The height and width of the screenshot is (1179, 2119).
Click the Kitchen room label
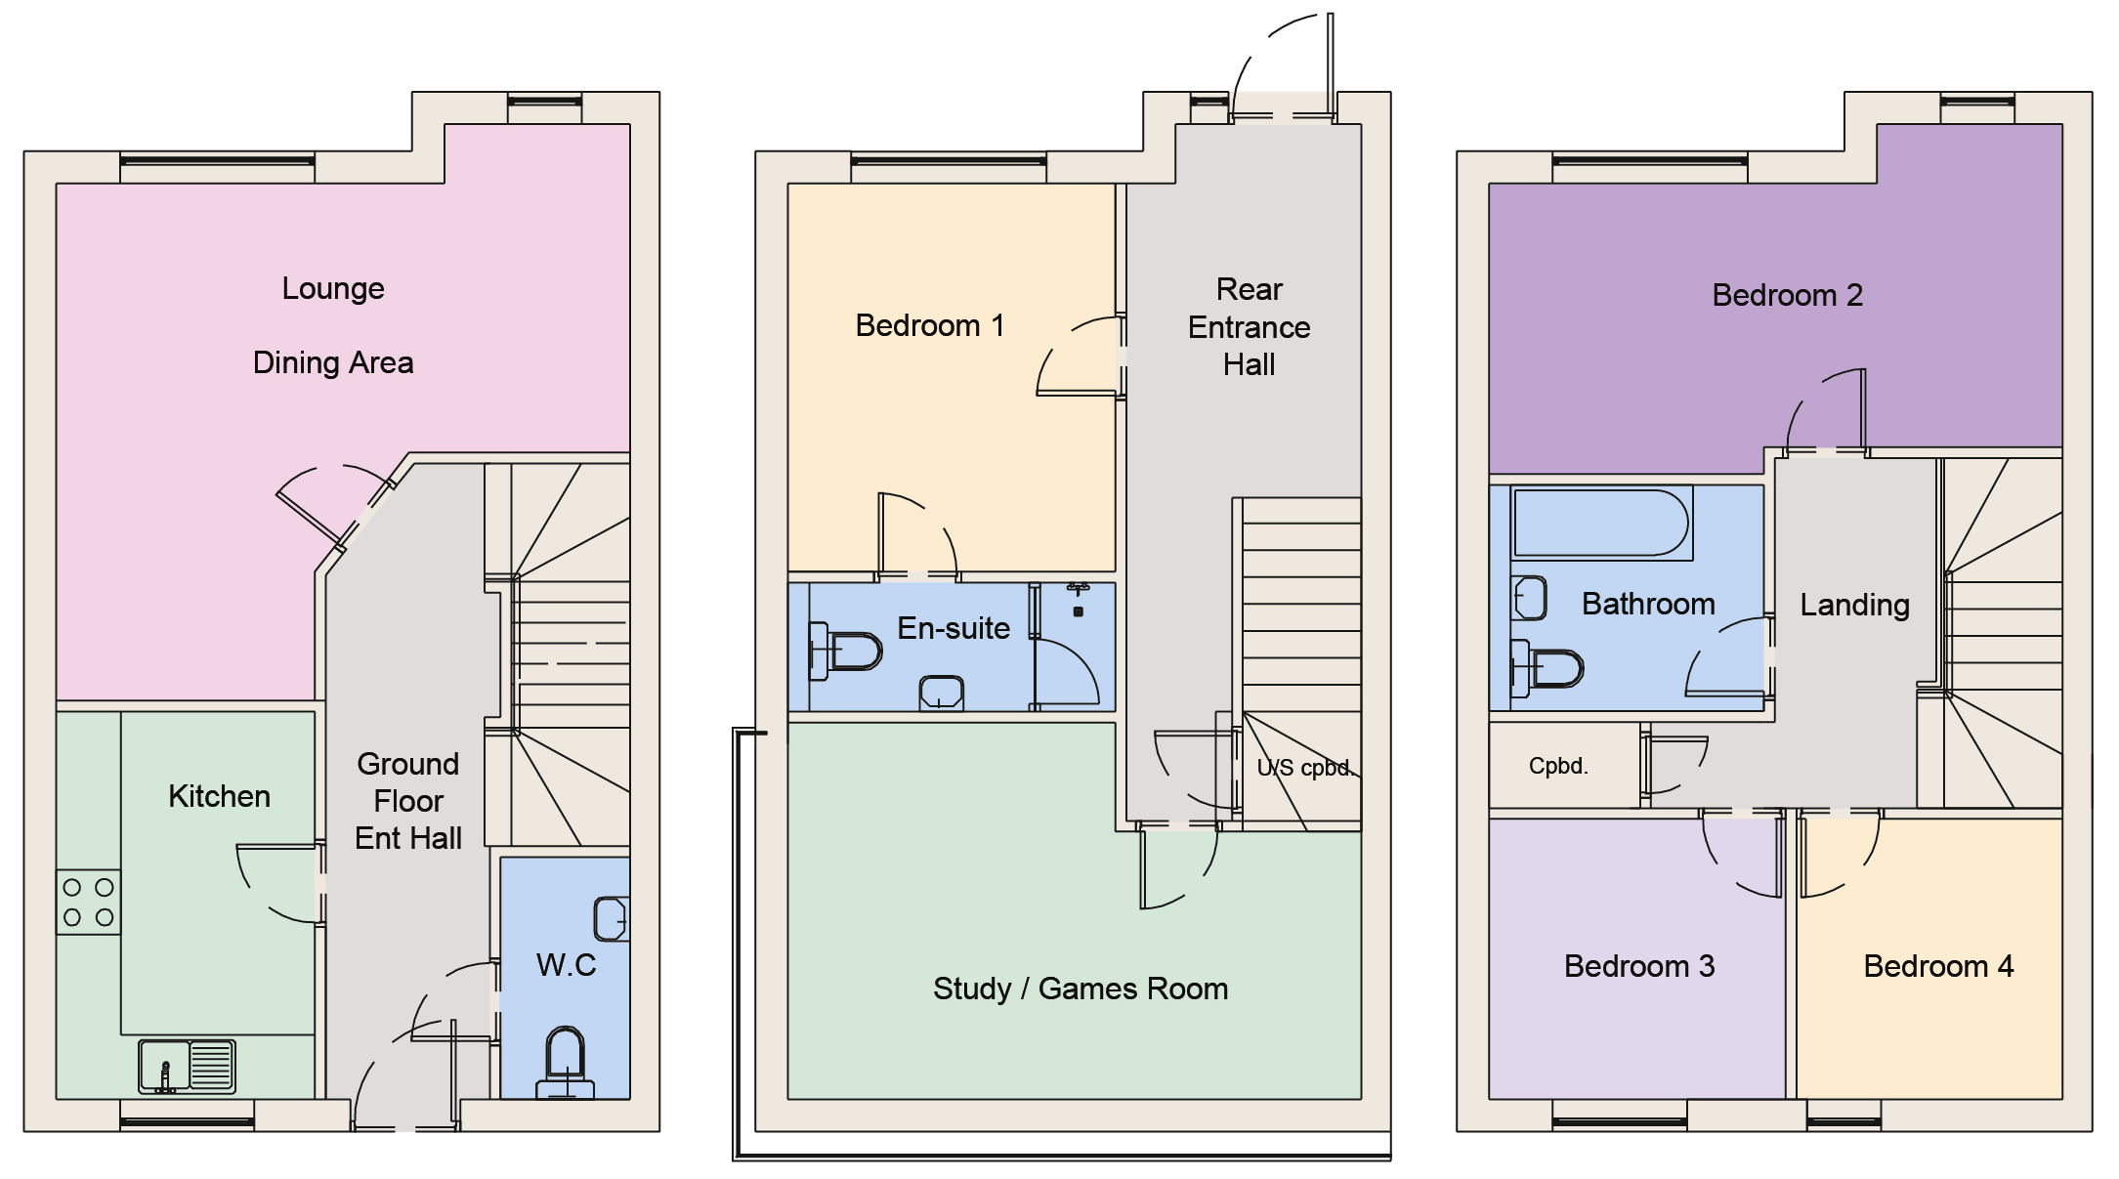[x=219, y=796]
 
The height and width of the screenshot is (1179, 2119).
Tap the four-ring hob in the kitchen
[x=88, y=902]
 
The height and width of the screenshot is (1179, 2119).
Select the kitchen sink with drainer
[x=187, y=1066]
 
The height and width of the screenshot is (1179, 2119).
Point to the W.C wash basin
[x=611, y=918]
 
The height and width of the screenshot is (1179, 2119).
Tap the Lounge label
[x=333, y=288]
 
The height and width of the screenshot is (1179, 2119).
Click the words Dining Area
[x=333, y=362]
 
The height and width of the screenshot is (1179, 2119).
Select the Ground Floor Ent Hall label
[x=408, y=801]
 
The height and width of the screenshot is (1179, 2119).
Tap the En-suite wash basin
[x=942, y=694]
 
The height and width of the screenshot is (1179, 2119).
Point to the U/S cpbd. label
[x=1303, y=768]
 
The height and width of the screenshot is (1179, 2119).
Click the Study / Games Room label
[x=1081, y=989]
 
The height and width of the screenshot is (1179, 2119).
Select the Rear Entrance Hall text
[x=1249, y=327]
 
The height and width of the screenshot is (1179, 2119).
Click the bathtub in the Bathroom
[x=1600, y=524]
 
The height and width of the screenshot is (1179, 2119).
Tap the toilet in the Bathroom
[x=1547, y=669]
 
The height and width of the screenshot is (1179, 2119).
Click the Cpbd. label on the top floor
[x=1558, y=766]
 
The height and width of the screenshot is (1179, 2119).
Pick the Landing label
[x=1854, y=605]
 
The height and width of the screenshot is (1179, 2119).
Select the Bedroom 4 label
[x=1938, y=966]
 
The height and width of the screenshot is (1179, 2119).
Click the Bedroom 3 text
[x=1638, y=966]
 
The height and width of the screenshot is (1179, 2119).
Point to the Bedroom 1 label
[x=929, y=325]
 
